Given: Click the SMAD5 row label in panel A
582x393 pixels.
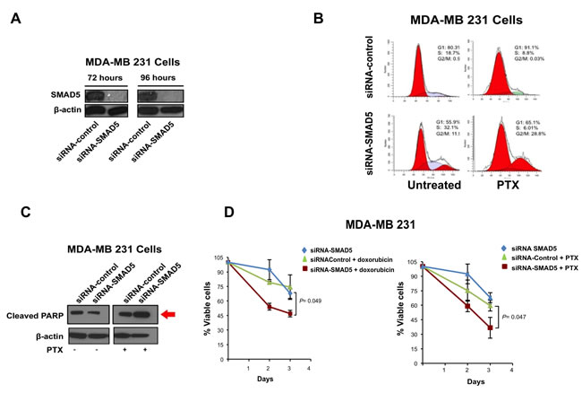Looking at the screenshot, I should pyautogui.click(x=56, y=93).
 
